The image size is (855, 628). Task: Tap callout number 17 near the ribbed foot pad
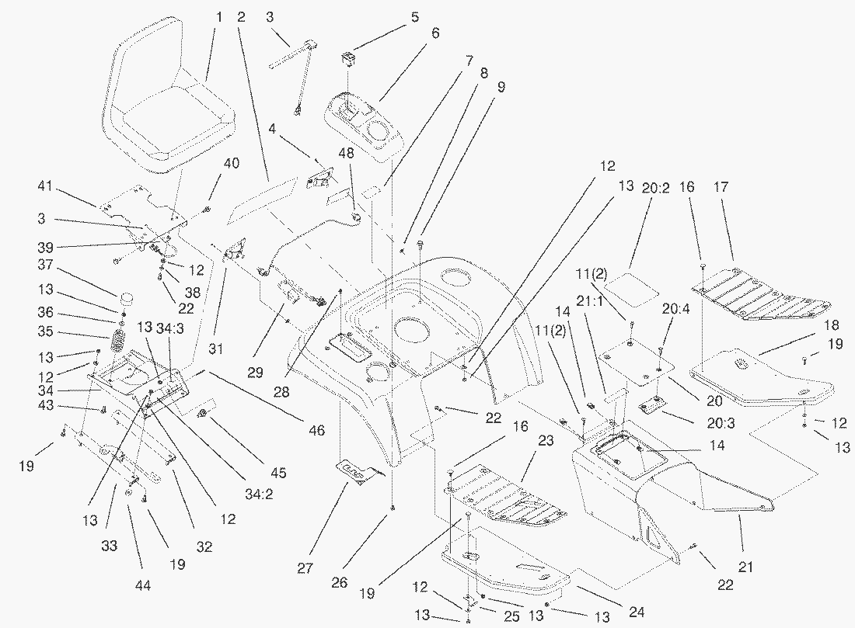(x=721, y=187)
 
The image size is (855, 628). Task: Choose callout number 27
(x=305, y=569)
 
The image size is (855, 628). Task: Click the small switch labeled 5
(x=349, y=58)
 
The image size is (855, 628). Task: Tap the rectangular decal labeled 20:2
(x=631, y=285)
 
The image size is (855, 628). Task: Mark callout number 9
(x=501, y=88)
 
